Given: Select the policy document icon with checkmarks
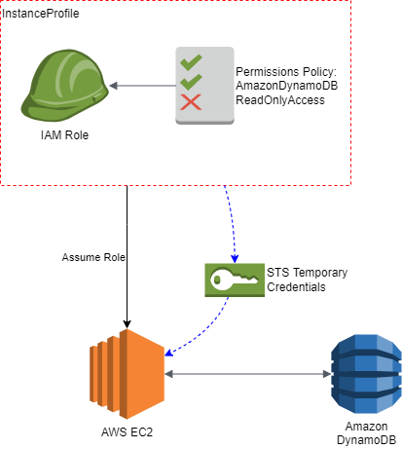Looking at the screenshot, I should click(204, 85).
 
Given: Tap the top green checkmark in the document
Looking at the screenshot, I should click(191, 62).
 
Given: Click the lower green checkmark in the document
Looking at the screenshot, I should click(191, 82).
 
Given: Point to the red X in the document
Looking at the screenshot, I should click(191, 101).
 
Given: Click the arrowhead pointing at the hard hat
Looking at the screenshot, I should click(114, 86).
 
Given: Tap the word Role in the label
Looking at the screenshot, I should click(114, 258).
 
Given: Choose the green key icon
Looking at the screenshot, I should click(234, 280).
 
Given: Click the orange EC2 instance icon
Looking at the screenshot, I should click(127, 373).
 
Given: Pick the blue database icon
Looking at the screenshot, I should click(366, 374).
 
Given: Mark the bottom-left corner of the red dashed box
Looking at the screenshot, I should click(1, 184).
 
